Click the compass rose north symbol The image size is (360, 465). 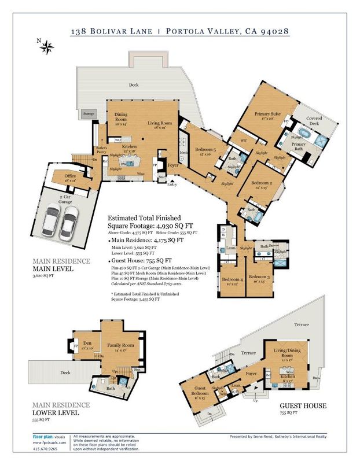[x=47, y=46]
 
